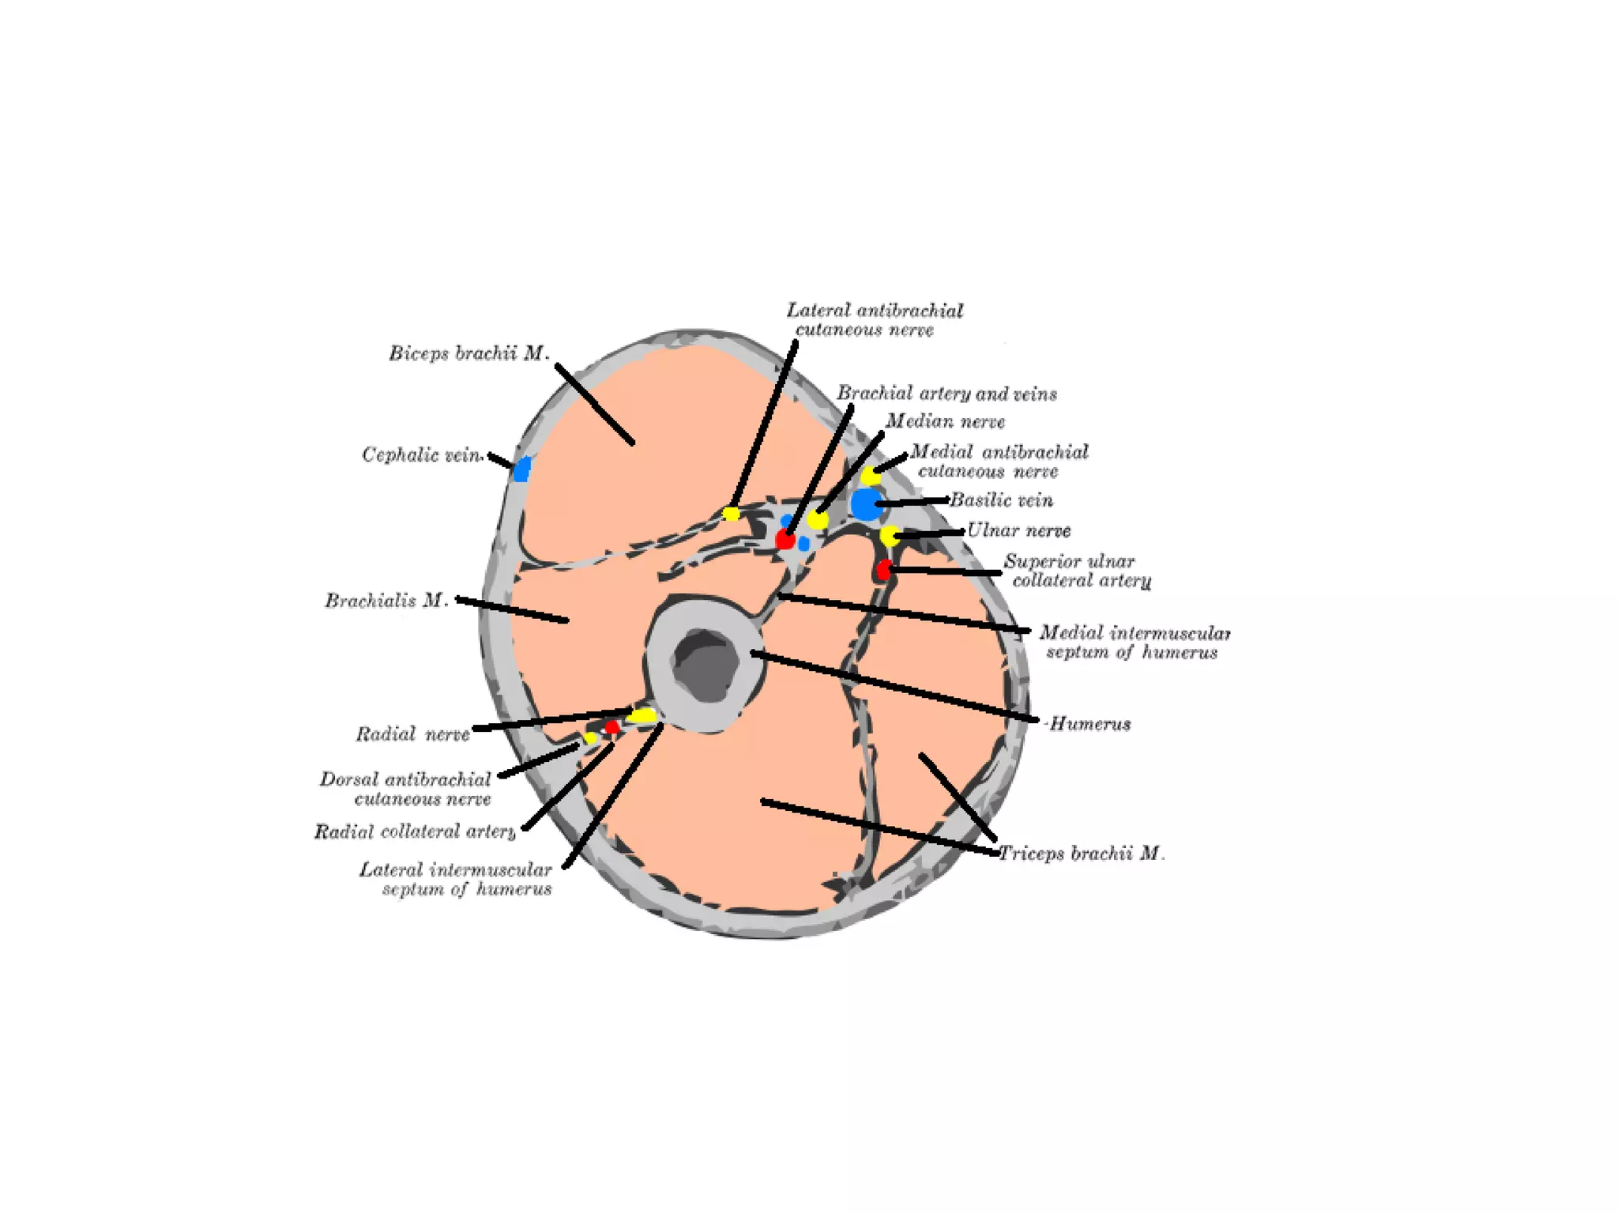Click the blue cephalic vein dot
[x=521, y=469]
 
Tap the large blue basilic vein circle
[x=866, y=504]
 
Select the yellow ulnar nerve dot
[x=890, y=536]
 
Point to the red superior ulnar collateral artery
[x=883, y=570]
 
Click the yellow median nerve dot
[x=818, y=520]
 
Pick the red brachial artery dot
[x=785, y=541]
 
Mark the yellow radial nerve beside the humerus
[x=643, y=716]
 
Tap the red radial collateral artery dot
[x=612, y=726]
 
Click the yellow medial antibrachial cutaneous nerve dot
[x=870, y=476]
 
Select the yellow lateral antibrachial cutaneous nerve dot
[x=732, y=515]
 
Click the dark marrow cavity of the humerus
[x=706, y=664]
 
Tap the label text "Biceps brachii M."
[x=468, y=353]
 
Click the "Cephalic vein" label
[x=421, y=455]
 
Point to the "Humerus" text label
[x=1089, y=724]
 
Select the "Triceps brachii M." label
[x=1082, y=854]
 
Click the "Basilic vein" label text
[x=1001, y=500]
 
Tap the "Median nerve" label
[x=945, y=421]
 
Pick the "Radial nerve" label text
[x=412, y=734]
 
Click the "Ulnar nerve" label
[x=1018, y=530]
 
